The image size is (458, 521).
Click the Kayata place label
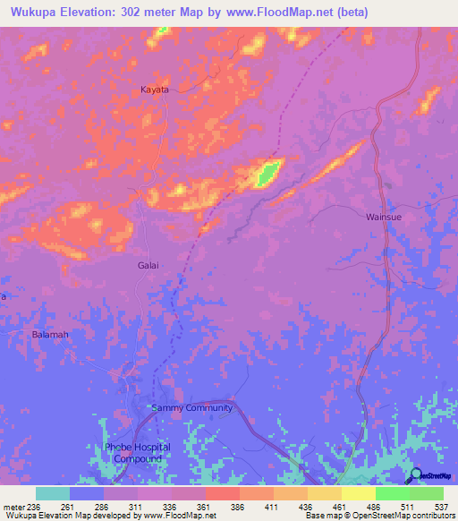point(155,90)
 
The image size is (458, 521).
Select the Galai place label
point(148,266)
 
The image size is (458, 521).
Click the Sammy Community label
point(192,408)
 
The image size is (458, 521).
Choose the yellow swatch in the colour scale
point(359,493)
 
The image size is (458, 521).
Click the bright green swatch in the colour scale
point(393,493)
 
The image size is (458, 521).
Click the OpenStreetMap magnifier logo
point(415,475)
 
